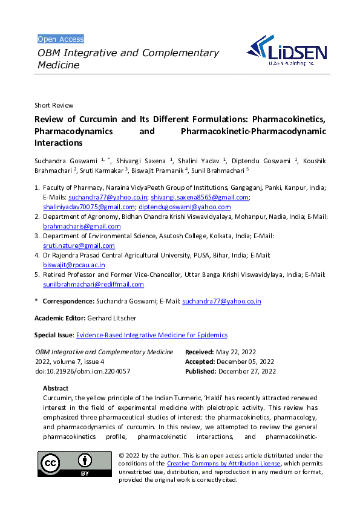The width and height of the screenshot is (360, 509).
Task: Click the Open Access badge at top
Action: click(61, 39)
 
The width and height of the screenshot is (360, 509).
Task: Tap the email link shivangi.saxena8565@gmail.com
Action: click(200, 197)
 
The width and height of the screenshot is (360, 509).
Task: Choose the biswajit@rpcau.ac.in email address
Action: click(74, 265)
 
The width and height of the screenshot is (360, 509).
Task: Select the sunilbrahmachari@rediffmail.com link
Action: click(93, 284)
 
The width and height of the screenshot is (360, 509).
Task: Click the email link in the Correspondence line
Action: click(221, 300)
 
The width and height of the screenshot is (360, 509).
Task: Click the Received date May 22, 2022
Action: click(237, 352)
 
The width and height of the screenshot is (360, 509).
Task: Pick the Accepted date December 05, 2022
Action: click(246, 361)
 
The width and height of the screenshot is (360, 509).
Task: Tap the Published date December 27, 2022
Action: click(247, 371)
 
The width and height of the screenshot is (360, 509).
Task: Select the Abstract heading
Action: click(56, 388)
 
